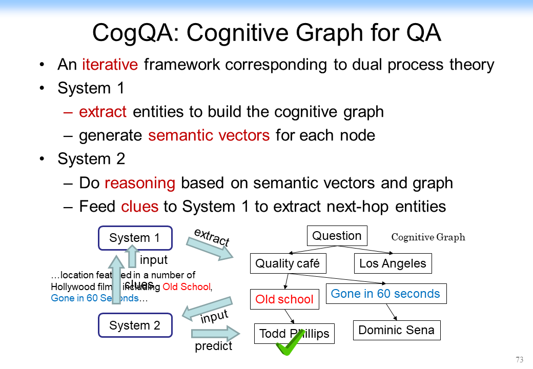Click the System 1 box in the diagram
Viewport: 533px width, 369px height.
(135, 238)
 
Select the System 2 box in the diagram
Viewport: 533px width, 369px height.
(135, 325)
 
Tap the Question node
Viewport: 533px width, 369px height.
(337, 236)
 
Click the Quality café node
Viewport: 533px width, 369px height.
(287, 263)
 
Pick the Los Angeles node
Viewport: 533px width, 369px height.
(393, 263)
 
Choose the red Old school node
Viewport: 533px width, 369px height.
(284, 299)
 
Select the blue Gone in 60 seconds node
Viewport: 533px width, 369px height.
(385, 294)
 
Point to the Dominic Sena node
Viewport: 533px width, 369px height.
(396, 330)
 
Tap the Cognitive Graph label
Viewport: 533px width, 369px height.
(428, 237)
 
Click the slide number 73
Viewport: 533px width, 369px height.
(520, 359)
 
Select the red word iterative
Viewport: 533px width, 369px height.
(110, 65)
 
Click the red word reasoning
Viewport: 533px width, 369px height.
(140, 182)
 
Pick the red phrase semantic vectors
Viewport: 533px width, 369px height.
(209, 135)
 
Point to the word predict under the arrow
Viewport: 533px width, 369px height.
(213, 346)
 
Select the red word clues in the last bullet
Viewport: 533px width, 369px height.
(140, 206)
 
